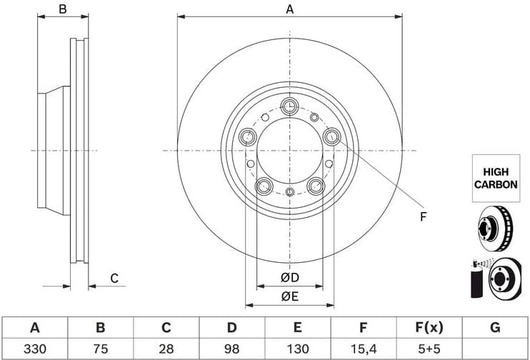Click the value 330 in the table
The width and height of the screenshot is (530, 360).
point(34,349)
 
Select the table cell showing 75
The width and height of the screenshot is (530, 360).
point(101,349)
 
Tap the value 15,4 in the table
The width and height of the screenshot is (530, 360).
point(363,349)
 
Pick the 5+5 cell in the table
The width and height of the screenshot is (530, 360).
point(429,349)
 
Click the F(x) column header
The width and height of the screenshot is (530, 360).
point(429,328)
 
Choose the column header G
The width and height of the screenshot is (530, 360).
point(494,328)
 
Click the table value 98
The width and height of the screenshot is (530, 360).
point(231,349)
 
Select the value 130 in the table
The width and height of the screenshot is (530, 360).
point(297,349)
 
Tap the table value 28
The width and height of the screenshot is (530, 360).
point(166,349)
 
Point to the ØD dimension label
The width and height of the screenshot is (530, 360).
point(289,277)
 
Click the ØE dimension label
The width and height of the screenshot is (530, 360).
point(289,296)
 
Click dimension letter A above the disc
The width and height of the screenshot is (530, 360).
point(289,9)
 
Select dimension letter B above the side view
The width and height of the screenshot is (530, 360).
point(63,9)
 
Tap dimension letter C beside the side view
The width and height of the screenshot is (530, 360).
point(114,279)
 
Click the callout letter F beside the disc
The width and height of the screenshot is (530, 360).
point(423,216)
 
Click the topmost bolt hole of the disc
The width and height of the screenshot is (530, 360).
point(289,107)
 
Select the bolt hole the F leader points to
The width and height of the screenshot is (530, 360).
point(331,136)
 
